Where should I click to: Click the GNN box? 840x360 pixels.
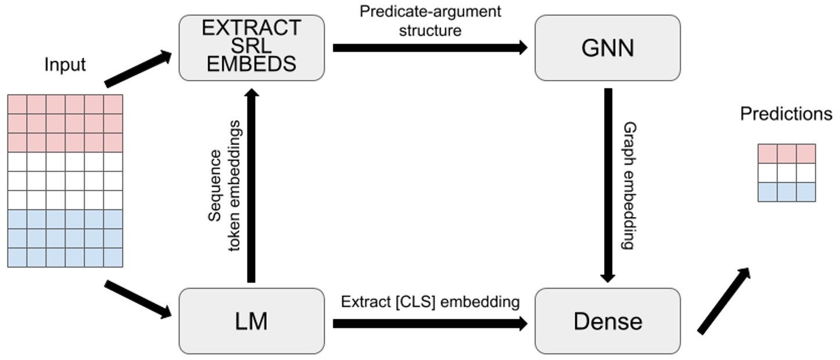click(x=607, y=48)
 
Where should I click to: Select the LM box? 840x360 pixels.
click(x=252, y=321)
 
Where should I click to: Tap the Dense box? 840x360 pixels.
click(x=607, y=321)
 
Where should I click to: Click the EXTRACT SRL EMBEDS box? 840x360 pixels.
click(x=252, y=46)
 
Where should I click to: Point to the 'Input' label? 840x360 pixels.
click(x=65, y=65)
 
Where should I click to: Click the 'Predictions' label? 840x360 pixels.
click(x=786, y=114)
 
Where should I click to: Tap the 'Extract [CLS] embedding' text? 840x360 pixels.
click(x=430, y=302)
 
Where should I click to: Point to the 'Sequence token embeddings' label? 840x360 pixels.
click(x=224, y=186)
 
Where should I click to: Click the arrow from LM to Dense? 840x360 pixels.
click(x=430, y=323)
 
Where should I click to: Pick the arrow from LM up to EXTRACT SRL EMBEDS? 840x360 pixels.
click(x=251, y=186)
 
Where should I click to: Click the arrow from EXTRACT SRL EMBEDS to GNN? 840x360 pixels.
click(x=430, y=48)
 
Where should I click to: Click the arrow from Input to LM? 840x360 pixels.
click(x=138, y=299)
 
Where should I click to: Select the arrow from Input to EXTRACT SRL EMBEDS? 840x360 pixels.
click(x=138, y=69)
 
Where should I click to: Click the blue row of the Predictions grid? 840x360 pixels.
click(x=787, y=192)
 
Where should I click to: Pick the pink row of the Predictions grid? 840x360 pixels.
click(x=787, y=154)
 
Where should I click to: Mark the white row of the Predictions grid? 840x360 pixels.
click(x=787, y=173)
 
